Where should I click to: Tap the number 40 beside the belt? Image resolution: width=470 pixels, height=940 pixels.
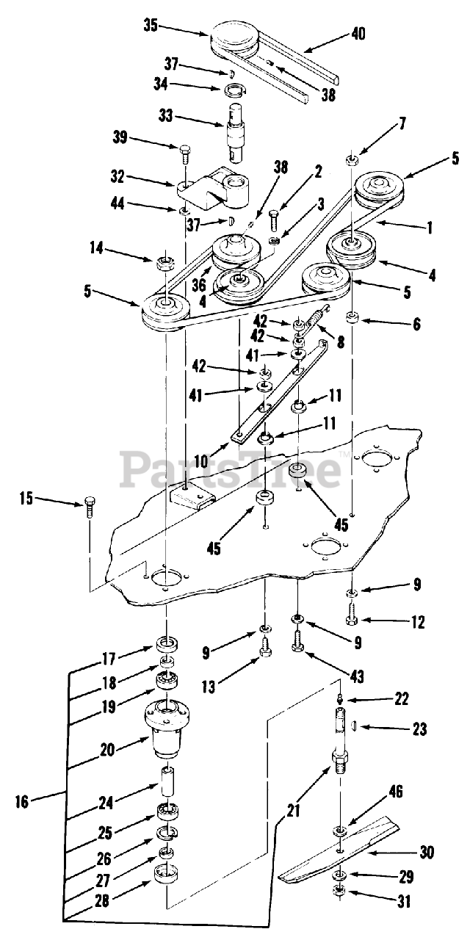358,34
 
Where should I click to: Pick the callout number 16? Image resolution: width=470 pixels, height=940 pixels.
21,801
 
